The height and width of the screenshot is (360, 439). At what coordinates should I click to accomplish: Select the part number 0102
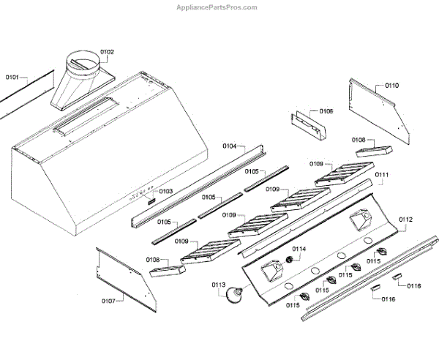point(107,52)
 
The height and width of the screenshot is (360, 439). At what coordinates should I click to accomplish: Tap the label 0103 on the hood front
point(165,192)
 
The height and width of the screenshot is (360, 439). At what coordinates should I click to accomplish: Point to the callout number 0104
point(229,146)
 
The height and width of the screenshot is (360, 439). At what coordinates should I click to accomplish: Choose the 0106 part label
point(326,111)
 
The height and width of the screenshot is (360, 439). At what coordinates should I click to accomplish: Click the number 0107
point(108,301)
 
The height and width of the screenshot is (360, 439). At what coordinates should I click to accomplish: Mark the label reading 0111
point(382,176)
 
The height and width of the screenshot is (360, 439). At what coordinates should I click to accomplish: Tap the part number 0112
point(405,220)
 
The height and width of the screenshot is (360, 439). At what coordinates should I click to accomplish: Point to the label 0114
point(300,249)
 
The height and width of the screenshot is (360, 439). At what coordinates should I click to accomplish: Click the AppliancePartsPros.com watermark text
point(218,7)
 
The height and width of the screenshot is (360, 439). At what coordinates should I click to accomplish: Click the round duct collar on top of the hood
point(82,62)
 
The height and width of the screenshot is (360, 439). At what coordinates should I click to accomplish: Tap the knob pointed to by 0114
point(290,261)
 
